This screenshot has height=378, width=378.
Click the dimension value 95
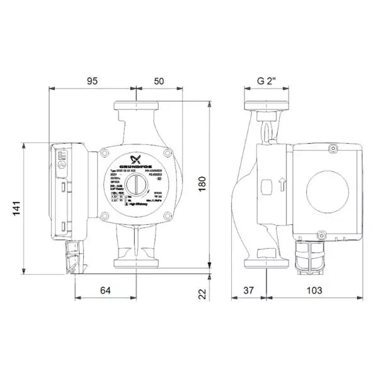[x=92, y=81]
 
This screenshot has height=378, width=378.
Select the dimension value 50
[x=159, y=81]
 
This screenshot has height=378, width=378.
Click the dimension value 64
[x=105, y=290]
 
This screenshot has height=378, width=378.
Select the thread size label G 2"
[x=268, y=81]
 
